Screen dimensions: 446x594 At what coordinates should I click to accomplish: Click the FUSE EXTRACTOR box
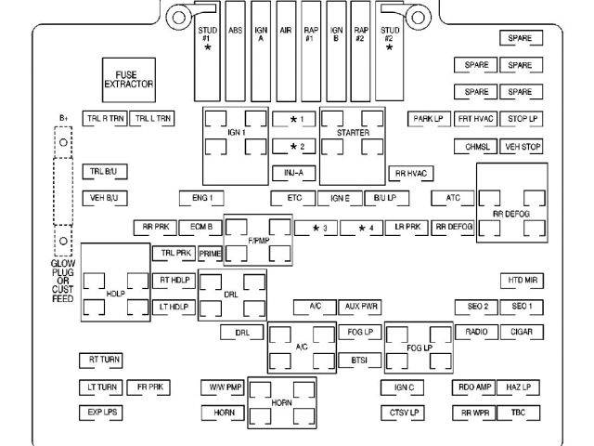coord(128,80)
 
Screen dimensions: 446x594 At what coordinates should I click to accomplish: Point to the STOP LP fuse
coord(523,119)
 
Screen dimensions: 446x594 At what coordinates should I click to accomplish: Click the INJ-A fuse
coord(294,173)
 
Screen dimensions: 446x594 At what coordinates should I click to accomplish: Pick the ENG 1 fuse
coord(201,198)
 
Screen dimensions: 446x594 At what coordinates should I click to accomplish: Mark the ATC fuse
coord(454,198)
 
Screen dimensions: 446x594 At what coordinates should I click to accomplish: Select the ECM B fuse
coord(200,227)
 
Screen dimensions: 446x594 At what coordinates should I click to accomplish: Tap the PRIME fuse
coord(210,253)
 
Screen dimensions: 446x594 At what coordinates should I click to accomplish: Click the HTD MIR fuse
coord(523,280)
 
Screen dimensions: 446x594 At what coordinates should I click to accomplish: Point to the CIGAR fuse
coord(522,332)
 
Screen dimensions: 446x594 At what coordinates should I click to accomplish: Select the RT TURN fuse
coord(100,359)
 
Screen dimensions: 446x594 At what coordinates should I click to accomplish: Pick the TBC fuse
coord(522,412)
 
